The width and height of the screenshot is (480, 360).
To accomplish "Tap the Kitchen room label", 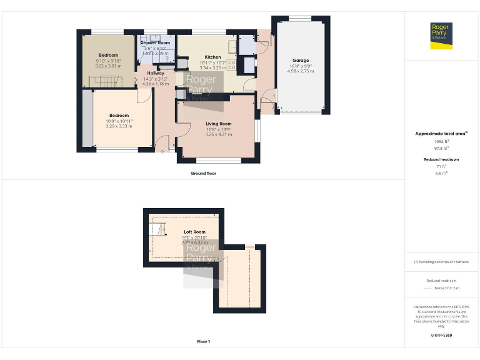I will [213, 57].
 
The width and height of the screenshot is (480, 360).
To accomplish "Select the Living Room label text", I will [219, 124].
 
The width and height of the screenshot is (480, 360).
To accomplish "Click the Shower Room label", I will [155, 42].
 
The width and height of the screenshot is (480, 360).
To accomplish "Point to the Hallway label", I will [155, 73].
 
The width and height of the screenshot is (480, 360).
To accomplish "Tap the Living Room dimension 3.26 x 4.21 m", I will [219, 134].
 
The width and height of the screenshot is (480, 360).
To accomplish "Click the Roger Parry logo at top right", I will [442, 34].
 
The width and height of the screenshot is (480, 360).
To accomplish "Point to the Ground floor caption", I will [204, 173].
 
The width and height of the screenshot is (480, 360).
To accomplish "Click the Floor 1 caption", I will [203, 341].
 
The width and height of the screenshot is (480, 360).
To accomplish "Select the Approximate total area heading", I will [441, 134].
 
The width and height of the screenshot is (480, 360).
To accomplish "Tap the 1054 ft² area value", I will [441, 142].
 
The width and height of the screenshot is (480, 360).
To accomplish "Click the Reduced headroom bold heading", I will [441, 159].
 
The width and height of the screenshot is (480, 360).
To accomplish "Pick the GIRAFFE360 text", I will [441, 336].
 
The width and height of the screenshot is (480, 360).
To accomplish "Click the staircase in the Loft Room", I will [159, 229].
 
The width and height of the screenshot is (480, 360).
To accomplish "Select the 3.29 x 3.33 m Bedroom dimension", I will [119, 126].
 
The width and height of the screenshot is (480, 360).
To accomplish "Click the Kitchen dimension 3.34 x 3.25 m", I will [213, 68].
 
